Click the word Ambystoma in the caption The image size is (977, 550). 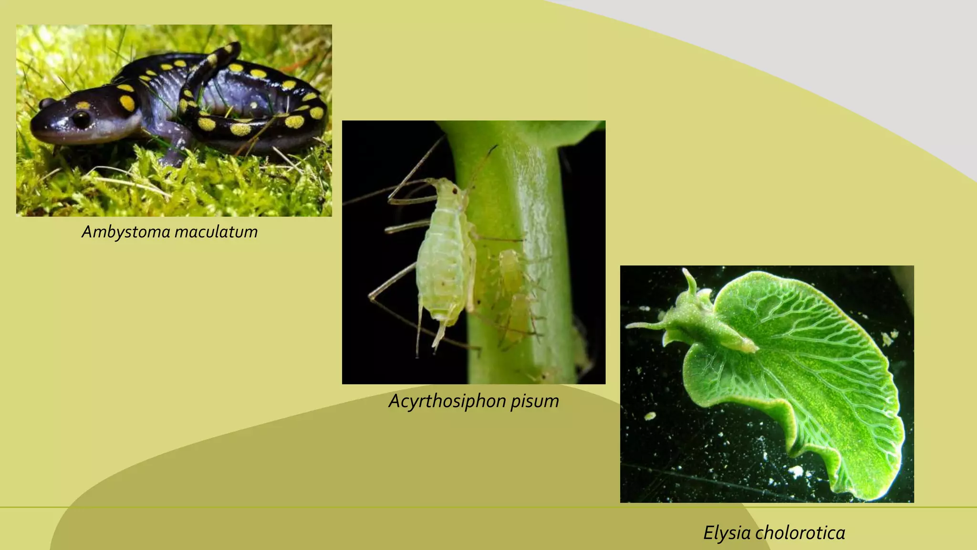[x=126, y=232]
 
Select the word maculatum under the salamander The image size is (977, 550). [x=216, y=232]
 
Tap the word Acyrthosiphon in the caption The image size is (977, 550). [x=447, y=401]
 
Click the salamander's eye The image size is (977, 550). [x=81, y=118]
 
